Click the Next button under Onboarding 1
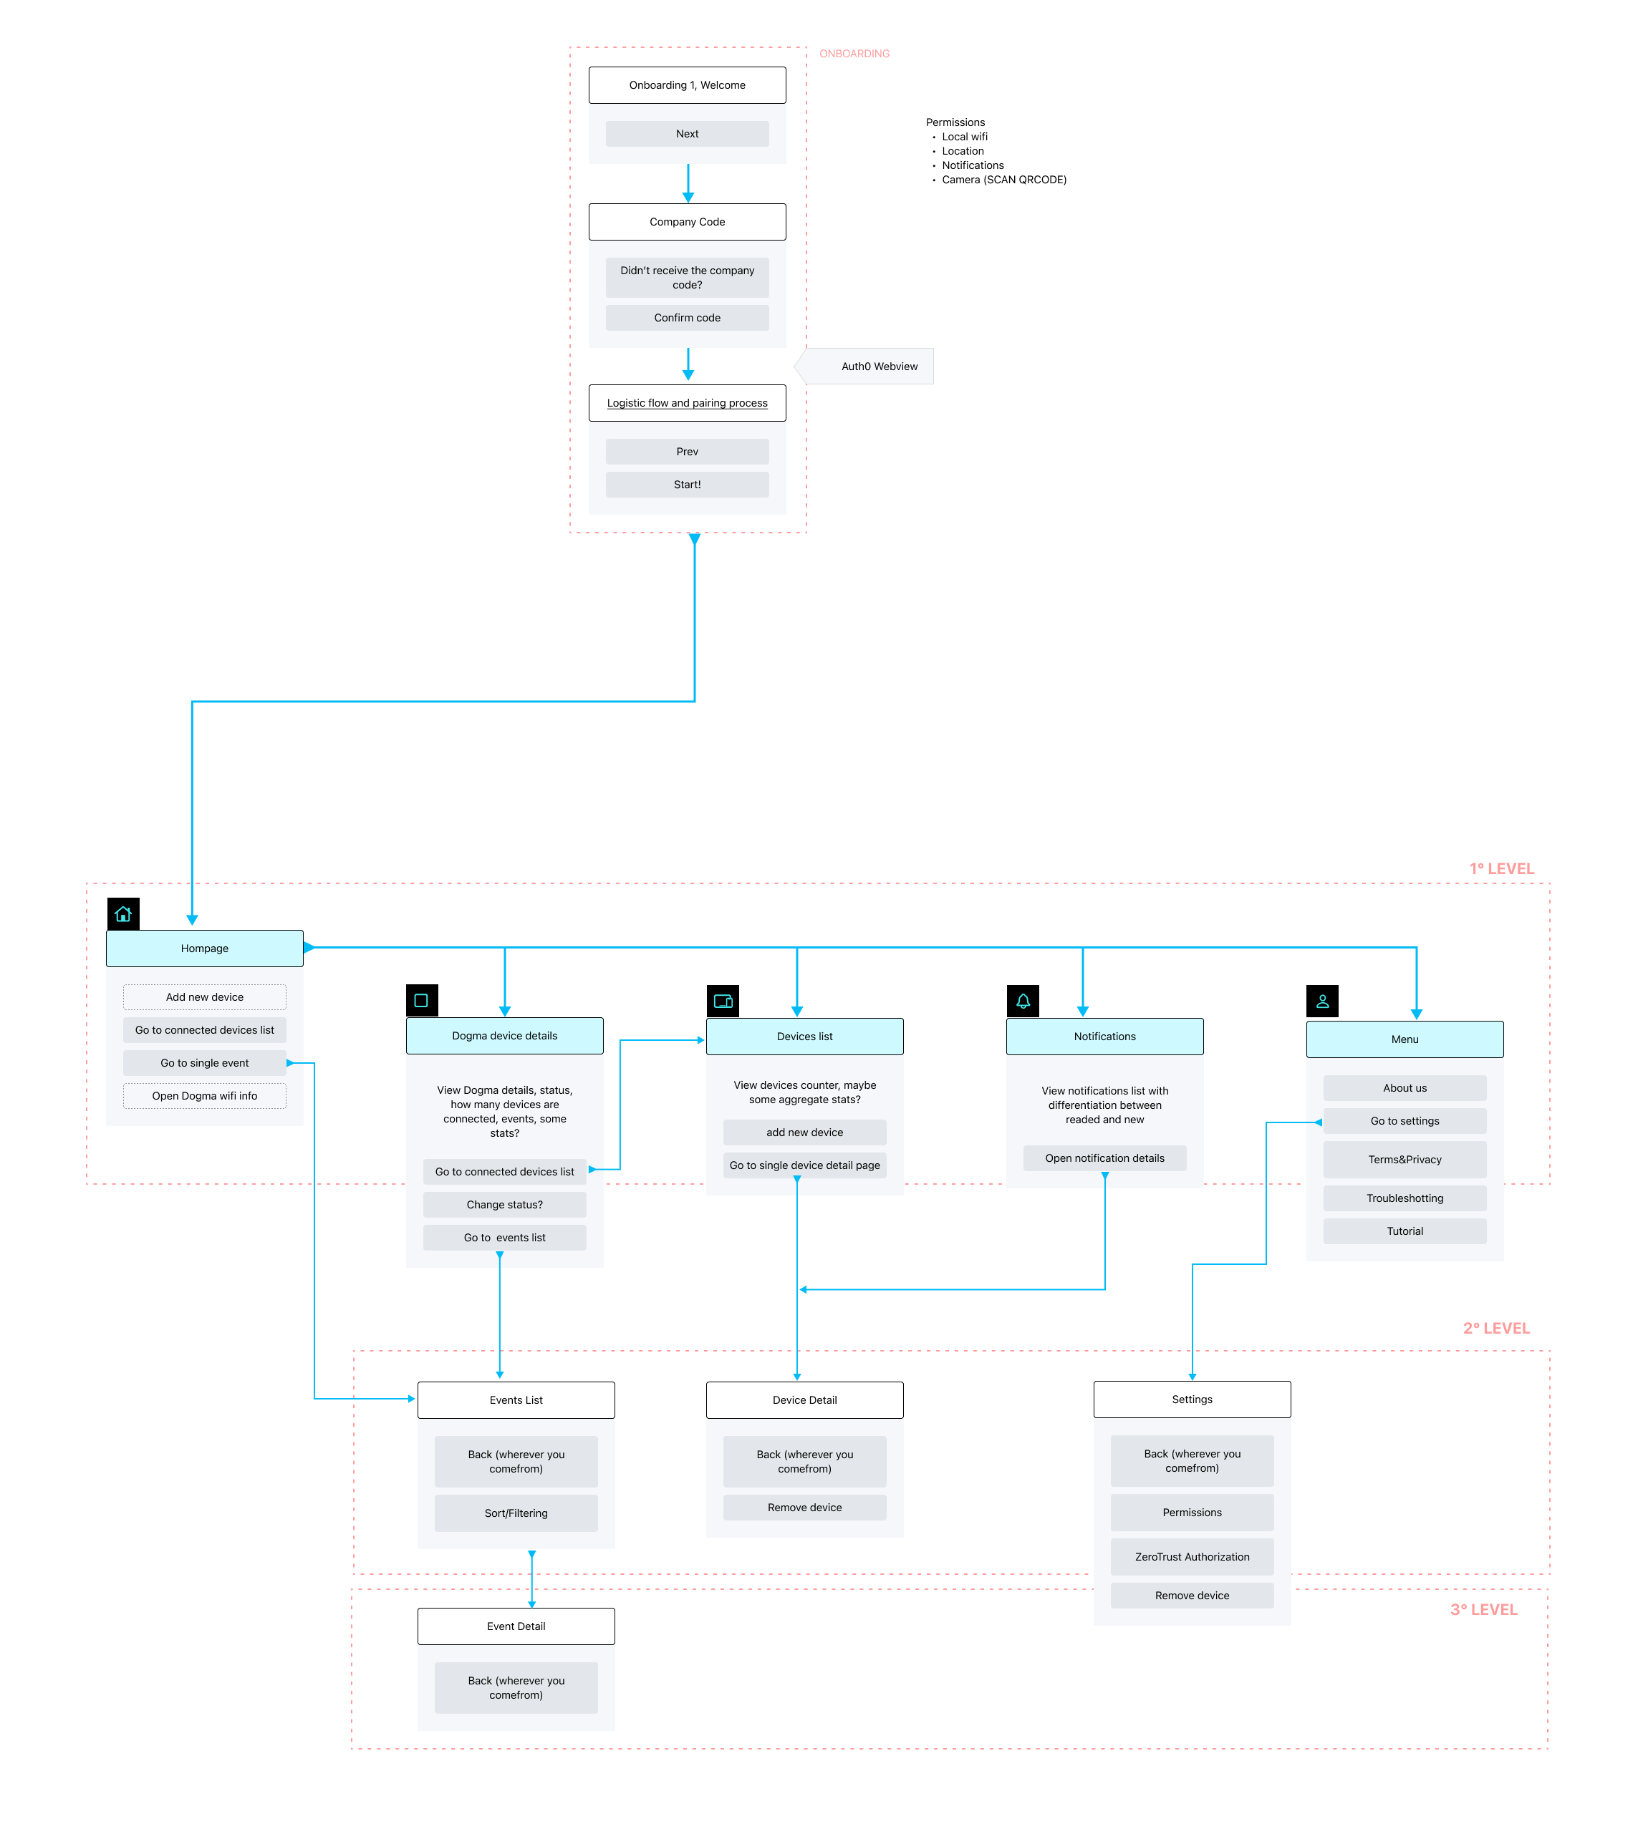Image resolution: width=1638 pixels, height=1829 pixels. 687,134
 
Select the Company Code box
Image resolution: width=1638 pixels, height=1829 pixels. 687,222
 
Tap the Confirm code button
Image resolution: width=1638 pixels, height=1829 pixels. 687,318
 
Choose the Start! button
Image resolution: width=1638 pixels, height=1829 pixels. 687,484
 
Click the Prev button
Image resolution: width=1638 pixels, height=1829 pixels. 687,452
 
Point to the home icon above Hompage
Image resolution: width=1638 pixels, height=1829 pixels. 123,914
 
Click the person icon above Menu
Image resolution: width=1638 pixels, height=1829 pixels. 1322,1001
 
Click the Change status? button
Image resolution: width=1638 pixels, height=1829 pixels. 504,1205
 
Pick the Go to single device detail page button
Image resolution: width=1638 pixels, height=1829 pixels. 804,1165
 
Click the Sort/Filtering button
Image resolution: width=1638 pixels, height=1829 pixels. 516,1513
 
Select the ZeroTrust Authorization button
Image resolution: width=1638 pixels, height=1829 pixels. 1192,1556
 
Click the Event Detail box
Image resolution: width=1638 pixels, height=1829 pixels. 516,1626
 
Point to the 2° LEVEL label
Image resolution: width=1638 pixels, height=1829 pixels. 1495,1328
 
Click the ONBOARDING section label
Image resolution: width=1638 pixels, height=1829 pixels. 854,54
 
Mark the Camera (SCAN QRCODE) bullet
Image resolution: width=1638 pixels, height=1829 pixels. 1003,180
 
